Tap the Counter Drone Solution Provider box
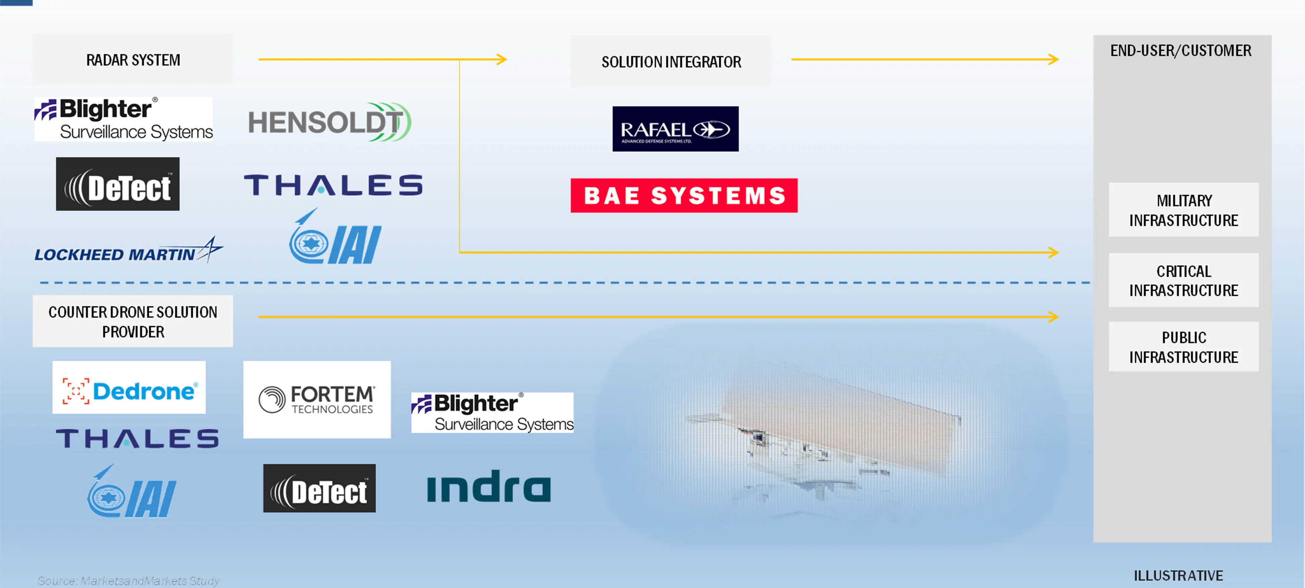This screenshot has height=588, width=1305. [133, 322]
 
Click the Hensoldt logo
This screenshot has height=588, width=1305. [329, 122]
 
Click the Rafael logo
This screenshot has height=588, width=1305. [675, 129]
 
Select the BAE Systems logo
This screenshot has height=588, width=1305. [684, 195]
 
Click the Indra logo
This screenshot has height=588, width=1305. [489, 487]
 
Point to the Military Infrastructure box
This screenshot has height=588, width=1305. [1184, 210]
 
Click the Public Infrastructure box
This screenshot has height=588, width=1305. [1184, 347]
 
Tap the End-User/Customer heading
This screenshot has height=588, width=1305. [1181, 51]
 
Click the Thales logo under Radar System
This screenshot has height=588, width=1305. [333, 185]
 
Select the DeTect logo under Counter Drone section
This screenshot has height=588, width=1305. [319, 489]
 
